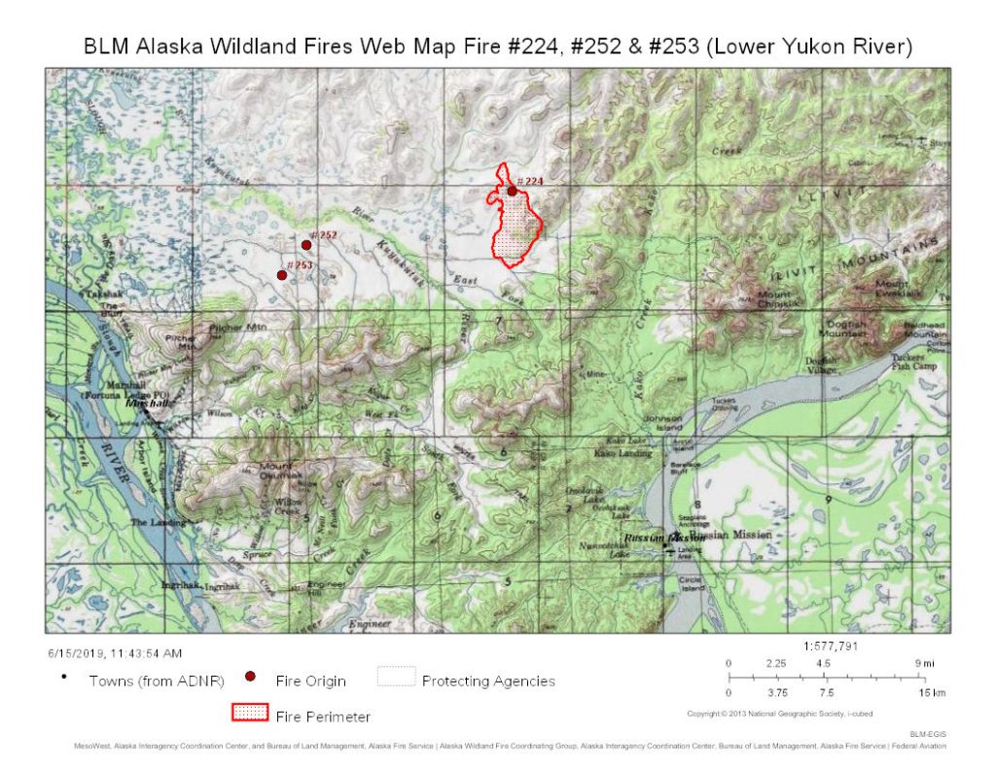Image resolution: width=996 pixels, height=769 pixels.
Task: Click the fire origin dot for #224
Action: pos(512,192)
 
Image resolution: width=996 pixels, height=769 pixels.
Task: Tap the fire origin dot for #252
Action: pos(305,245)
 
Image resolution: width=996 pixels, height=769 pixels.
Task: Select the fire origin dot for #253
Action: pos(282,275)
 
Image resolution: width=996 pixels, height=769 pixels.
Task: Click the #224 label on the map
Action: pos(530,181)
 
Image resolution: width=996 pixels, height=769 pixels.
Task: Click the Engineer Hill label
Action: pos(327,586)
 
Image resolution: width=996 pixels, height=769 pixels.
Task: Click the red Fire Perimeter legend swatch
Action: pos(249,713)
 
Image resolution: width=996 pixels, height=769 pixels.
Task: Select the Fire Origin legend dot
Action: pos(250,677)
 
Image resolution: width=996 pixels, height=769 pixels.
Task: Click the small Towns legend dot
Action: pos(64,677)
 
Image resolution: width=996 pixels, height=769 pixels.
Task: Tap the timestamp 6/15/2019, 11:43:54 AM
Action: pos(115,652)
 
